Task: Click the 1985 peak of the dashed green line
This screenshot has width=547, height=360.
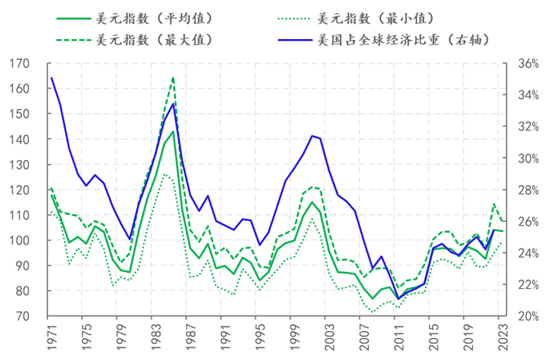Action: pos(173,77)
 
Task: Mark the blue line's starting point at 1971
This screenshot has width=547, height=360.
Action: pos(52,77)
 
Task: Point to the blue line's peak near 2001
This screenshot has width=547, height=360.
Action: pos(312,136)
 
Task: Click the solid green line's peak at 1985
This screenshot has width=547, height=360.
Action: pos(173,131)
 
